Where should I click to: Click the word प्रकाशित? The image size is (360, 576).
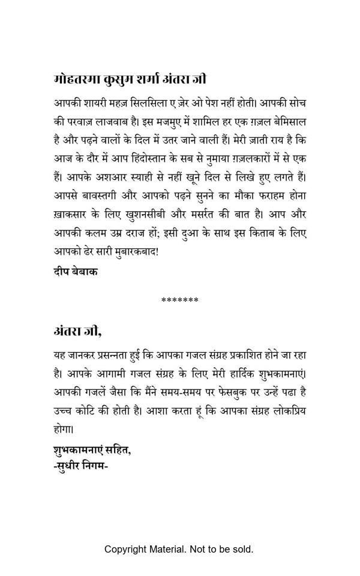coord(240,355)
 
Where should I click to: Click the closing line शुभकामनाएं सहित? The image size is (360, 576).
coord(91,449)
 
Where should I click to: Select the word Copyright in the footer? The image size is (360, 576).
coord(125,549)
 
